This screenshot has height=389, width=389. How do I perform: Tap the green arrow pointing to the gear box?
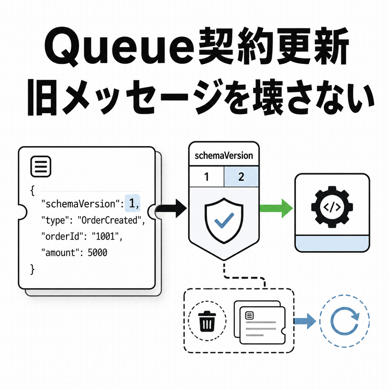tap(276, 208)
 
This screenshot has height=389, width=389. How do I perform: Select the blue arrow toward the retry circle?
tap(305, 321)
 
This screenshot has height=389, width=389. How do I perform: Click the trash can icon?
tap(207, 321)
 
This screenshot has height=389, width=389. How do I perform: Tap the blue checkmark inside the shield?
tap(224, 220)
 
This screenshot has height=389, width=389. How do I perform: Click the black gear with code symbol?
tap(332, 207)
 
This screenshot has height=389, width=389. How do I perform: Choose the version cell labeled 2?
tap(241, 177)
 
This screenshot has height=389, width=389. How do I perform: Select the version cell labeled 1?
tap(207, 177)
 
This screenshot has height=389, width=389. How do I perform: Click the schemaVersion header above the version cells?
tap(224, 156)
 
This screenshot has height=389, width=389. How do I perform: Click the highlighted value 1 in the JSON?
tap(132, 203)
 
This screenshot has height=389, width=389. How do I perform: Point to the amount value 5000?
tap(97, 253)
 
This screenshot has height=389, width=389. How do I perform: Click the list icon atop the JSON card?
tap(41, 166)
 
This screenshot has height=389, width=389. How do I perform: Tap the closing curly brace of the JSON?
tap(32, 270)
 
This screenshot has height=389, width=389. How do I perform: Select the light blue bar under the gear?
tap(332, 243)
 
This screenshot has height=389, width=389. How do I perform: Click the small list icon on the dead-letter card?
tap(249, 315)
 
